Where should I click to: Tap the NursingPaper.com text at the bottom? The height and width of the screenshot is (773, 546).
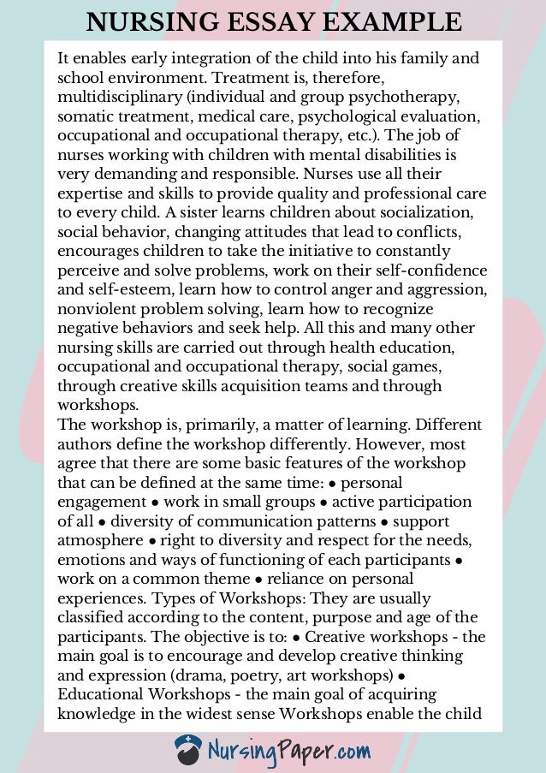tap(288, 752)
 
